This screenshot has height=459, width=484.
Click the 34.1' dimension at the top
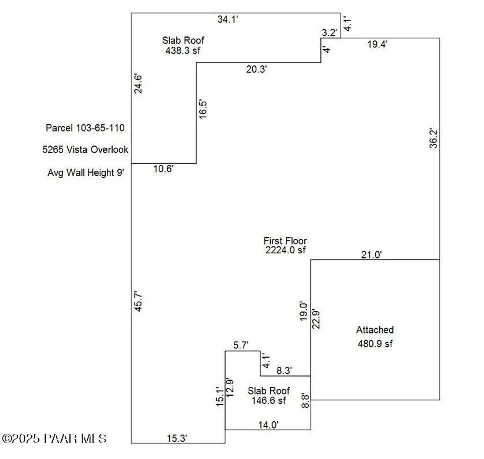click(227, 19)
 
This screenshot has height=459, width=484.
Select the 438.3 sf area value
click(183, 50)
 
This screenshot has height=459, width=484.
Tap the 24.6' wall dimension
click(138, 84)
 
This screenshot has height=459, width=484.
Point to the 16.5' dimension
click(203, 109)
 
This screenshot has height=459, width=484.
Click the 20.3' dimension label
click(257, 69)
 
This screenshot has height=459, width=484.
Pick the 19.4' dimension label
click(377, 44)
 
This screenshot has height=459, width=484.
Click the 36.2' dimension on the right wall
click(433, 138)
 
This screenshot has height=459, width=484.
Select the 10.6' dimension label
click(163, 169)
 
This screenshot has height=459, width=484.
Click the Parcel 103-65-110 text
click(85, 128)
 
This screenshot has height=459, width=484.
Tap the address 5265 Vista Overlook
click(85, 150)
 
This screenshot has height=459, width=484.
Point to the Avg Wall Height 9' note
click(86, 173)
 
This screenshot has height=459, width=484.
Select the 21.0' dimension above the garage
click(371, 255)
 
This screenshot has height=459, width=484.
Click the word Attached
click(375, 330)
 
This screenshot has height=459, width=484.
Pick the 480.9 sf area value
click(375, 344)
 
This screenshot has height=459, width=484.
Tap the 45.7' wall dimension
click(138, 302)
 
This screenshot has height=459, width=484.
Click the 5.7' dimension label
click(241, 345)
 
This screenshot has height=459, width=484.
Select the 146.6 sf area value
click(268, 401)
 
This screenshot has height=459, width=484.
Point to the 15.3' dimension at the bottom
click(177, 438)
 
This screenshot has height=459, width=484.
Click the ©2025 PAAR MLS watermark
click(54, 438)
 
